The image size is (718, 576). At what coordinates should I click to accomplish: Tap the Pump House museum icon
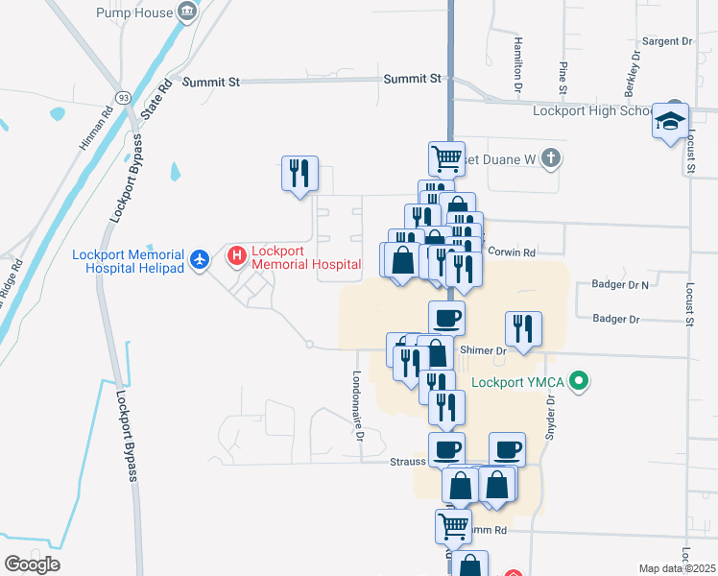coord(188,12)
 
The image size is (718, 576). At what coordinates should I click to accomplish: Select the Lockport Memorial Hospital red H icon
coord(237,256)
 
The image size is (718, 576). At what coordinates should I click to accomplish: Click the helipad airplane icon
coord(200,259)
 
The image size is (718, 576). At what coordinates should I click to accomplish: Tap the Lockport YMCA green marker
coord(578,382)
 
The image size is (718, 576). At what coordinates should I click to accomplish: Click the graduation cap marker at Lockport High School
coord(671,122)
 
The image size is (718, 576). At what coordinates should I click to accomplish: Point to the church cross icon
coord(550,156)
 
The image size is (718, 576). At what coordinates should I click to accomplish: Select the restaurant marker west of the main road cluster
coord(299,174)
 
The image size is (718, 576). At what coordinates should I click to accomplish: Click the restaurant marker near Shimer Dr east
coord(524,329)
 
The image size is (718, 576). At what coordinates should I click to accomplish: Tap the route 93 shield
coord(123,99)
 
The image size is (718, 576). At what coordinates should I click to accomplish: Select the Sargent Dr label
coord(667,41)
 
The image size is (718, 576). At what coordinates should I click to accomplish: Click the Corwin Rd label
coord(512,252)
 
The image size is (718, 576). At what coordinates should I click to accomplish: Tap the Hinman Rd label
coord(95,126)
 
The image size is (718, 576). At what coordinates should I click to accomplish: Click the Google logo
coord(31,564)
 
